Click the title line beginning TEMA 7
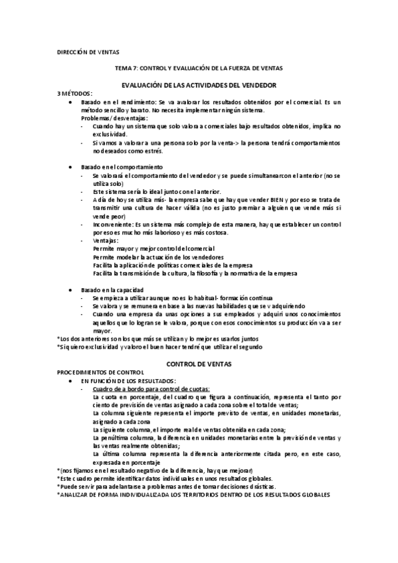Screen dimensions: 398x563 [x=199, y=68]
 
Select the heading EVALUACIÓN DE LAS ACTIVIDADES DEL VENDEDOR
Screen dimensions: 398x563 [x=199, y=86]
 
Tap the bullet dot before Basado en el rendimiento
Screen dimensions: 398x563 [x=71, y=102]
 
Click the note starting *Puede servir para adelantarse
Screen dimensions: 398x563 [x=166, y=486]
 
